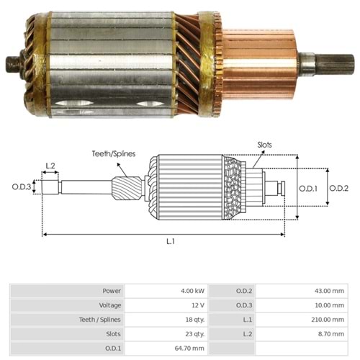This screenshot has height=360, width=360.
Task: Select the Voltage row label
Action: (110, 305)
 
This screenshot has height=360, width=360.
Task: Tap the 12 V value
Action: (198, 305)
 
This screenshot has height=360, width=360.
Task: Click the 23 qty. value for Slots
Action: (195, 334)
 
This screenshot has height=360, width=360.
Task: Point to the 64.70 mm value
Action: (189, 348)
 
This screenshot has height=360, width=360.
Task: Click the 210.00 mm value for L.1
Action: (328, 320)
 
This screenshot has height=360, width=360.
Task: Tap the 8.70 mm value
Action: (331, 334)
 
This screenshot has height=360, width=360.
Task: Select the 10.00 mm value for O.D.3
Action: (329, 305)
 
